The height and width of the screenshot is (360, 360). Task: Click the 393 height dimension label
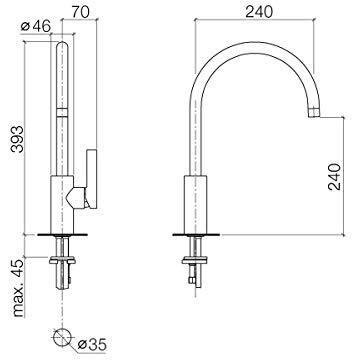(x=17, y=139)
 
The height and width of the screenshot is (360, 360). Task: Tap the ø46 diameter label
(x=36, y=26)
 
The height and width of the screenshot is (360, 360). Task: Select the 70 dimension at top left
(x=80, y=12)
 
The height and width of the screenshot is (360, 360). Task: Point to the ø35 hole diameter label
(x=92, y=345)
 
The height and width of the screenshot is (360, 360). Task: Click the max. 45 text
(x=19, y=288)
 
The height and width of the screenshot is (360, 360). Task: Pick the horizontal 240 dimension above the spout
(x=259, y=12)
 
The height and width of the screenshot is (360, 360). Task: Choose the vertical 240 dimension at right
(x=335, y=176)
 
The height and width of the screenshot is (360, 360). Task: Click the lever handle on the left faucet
(x=91, y=179)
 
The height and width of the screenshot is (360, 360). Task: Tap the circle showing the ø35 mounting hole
(x=62, y=337)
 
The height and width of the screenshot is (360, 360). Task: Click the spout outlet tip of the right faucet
(x=314, y=113)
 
